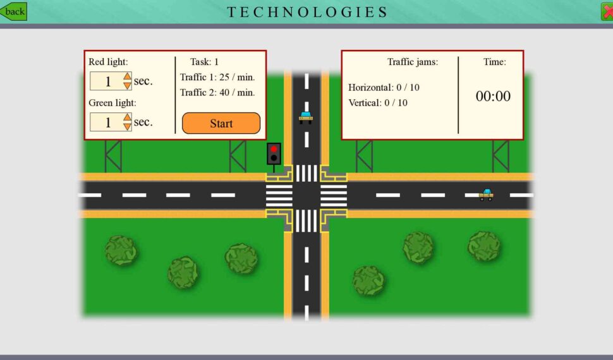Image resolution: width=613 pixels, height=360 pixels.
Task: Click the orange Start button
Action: (x=221, y=123)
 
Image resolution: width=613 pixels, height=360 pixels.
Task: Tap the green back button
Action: (x=13, y=11)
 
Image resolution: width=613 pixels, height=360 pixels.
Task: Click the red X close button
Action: (x=607, y=11)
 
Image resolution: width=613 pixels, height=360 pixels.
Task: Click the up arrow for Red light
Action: (x=128, y=76)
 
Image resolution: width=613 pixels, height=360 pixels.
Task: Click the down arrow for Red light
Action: (x=128, y=86)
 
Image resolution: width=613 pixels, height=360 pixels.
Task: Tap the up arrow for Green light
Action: (x=128, y=117)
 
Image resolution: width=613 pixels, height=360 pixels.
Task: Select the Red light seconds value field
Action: (x=107, y=81)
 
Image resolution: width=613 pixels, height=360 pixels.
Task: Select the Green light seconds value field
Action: (x=107, y=122)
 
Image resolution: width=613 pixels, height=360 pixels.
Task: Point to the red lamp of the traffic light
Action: (x=274, y=149)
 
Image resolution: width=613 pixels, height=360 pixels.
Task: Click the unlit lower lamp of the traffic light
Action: (x=274, y=158)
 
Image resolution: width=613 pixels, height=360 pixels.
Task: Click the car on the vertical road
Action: (x=306, y=117)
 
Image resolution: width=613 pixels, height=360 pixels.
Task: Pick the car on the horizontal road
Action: (x=486, y=195)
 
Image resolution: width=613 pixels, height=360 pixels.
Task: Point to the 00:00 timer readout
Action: (x=493, y=96)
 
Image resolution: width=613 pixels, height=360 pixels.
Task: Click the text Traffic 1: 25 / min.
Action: (x=217, y=77)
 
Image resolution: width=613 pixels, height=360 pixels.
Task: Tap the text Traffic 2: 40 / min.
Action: (x=217, y=93)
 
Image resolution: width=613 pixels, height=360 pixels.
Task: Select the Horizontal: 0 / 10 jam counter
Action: (x=384, y=87)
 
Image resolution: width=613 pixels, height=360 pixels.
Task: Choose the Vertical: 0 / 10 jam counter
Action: (x=378, y=102)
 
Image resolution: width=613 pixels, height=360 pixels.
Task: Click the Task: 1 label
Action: (x=205, y=62)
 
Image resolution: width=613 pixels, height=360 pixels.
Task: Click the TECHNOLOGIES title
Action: (x=307, y=12)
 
